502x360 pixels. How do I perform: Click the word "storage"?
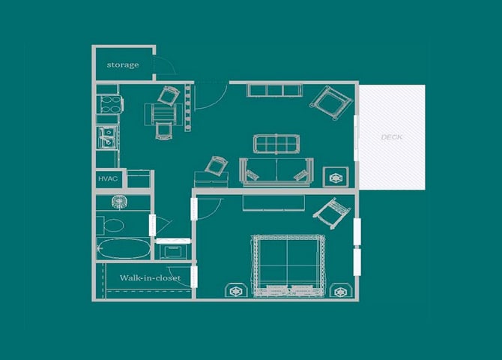122,64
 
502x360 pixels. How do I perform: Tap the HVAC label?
105,179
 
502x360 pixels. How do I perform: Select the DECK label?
392,137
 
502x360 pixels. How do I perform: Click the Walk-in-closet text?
150,277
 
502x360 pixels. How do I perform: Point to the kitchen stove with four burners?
108,103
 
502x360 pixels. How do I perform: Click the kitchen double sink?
106,137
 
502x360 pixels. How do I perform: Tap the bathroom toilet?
111,224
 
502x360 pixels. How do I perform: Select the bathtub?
124,249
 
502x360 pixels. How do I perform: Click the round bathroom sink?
118,202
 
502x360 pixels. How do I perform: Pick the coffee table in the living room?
276,142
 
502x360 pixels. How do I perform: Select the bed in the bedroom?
288,265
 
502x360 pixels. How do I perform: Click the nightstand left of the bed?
235,289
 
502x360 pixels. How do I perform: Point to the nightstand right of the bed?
342,289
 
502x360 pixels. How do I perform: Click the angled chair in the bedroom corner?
332,212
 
